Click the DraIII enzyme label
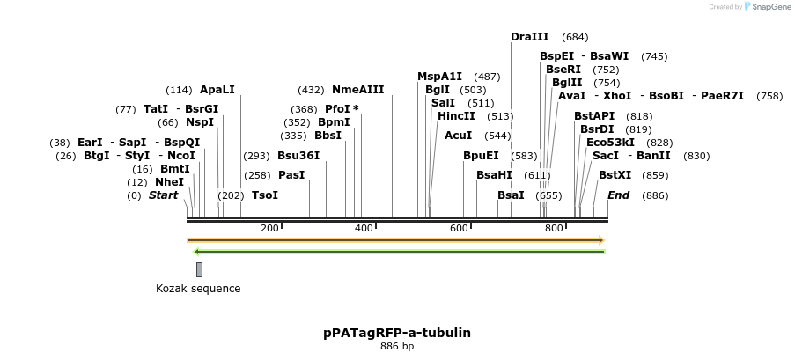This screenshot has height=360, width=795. [530, 36]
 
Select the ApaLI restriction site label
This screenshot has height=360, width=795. [217, 90]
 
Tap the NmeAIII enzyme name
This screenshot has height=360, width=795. [358, 90]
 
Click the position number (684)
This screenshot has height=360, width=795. [575, 37]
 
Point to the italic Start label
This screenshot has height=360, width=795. [163, 195]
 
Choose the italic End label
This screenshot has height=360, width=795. [619, 195]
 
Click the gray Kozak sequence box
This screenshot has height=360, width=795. [200, 269]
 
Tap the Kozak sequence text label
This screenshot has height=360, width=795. [198, 289]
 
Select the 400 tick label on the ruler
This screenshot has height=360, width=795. [364, 228]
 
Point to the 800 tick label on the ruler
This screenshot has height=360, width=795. [554, 228]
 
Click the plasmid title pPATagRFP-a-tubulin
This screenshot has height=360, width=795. [397, 333]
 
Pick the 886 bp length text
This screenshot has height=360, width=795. [397, 346]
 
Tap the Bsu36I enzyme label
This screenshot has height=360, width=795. [298, 155]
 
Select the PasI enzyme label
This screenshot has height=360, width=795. [291, 175]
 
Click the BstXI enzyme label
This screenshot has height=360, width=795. [615, 175]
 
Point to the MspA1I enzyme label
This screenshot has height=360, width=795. [439, 77]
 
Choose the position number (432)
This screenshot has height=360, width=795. [311, 91]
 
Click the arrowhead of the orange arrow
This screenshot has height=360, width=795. [602, 240]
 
